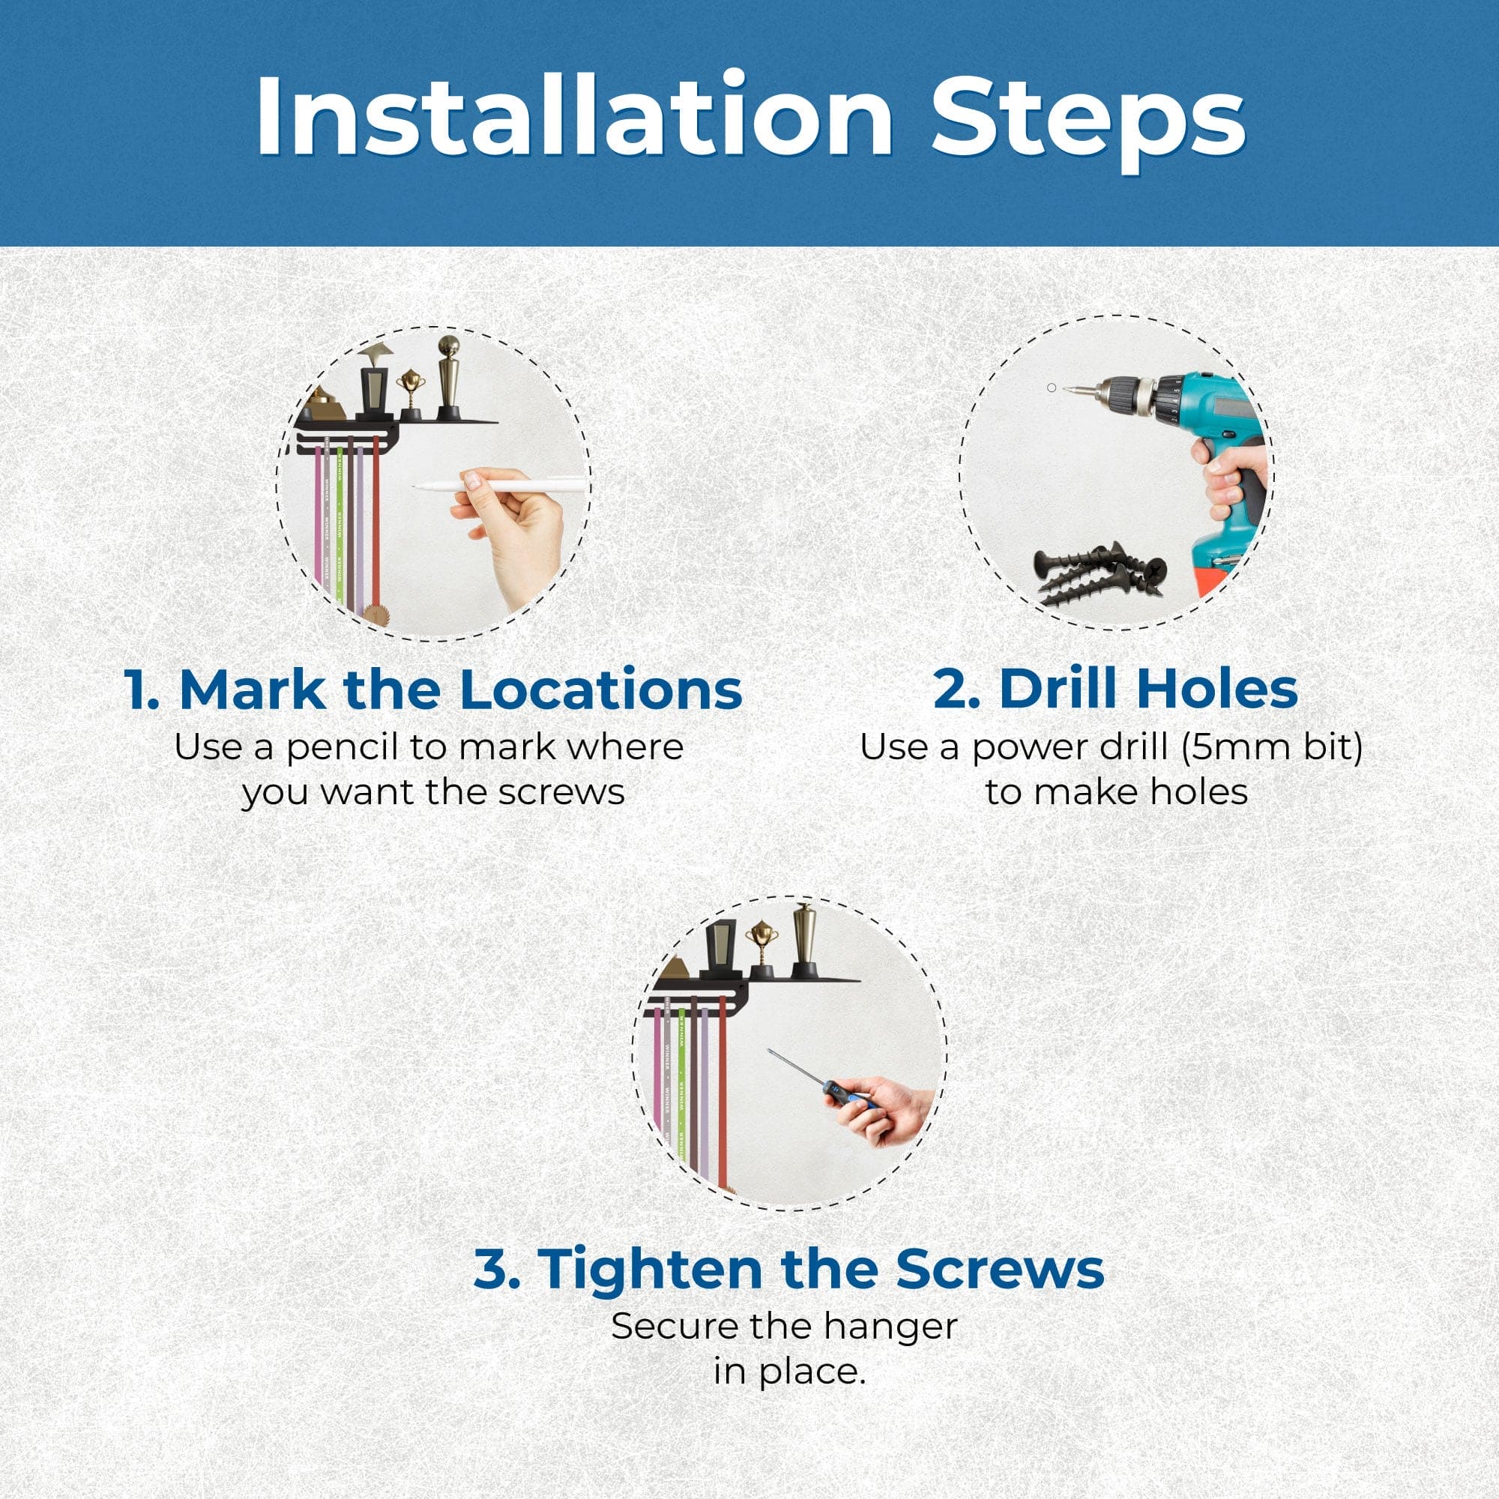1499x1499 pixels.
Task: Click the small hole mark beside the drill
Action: [1052, 387]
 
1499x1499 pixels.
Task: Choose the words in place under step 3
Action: [788, 1371]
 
